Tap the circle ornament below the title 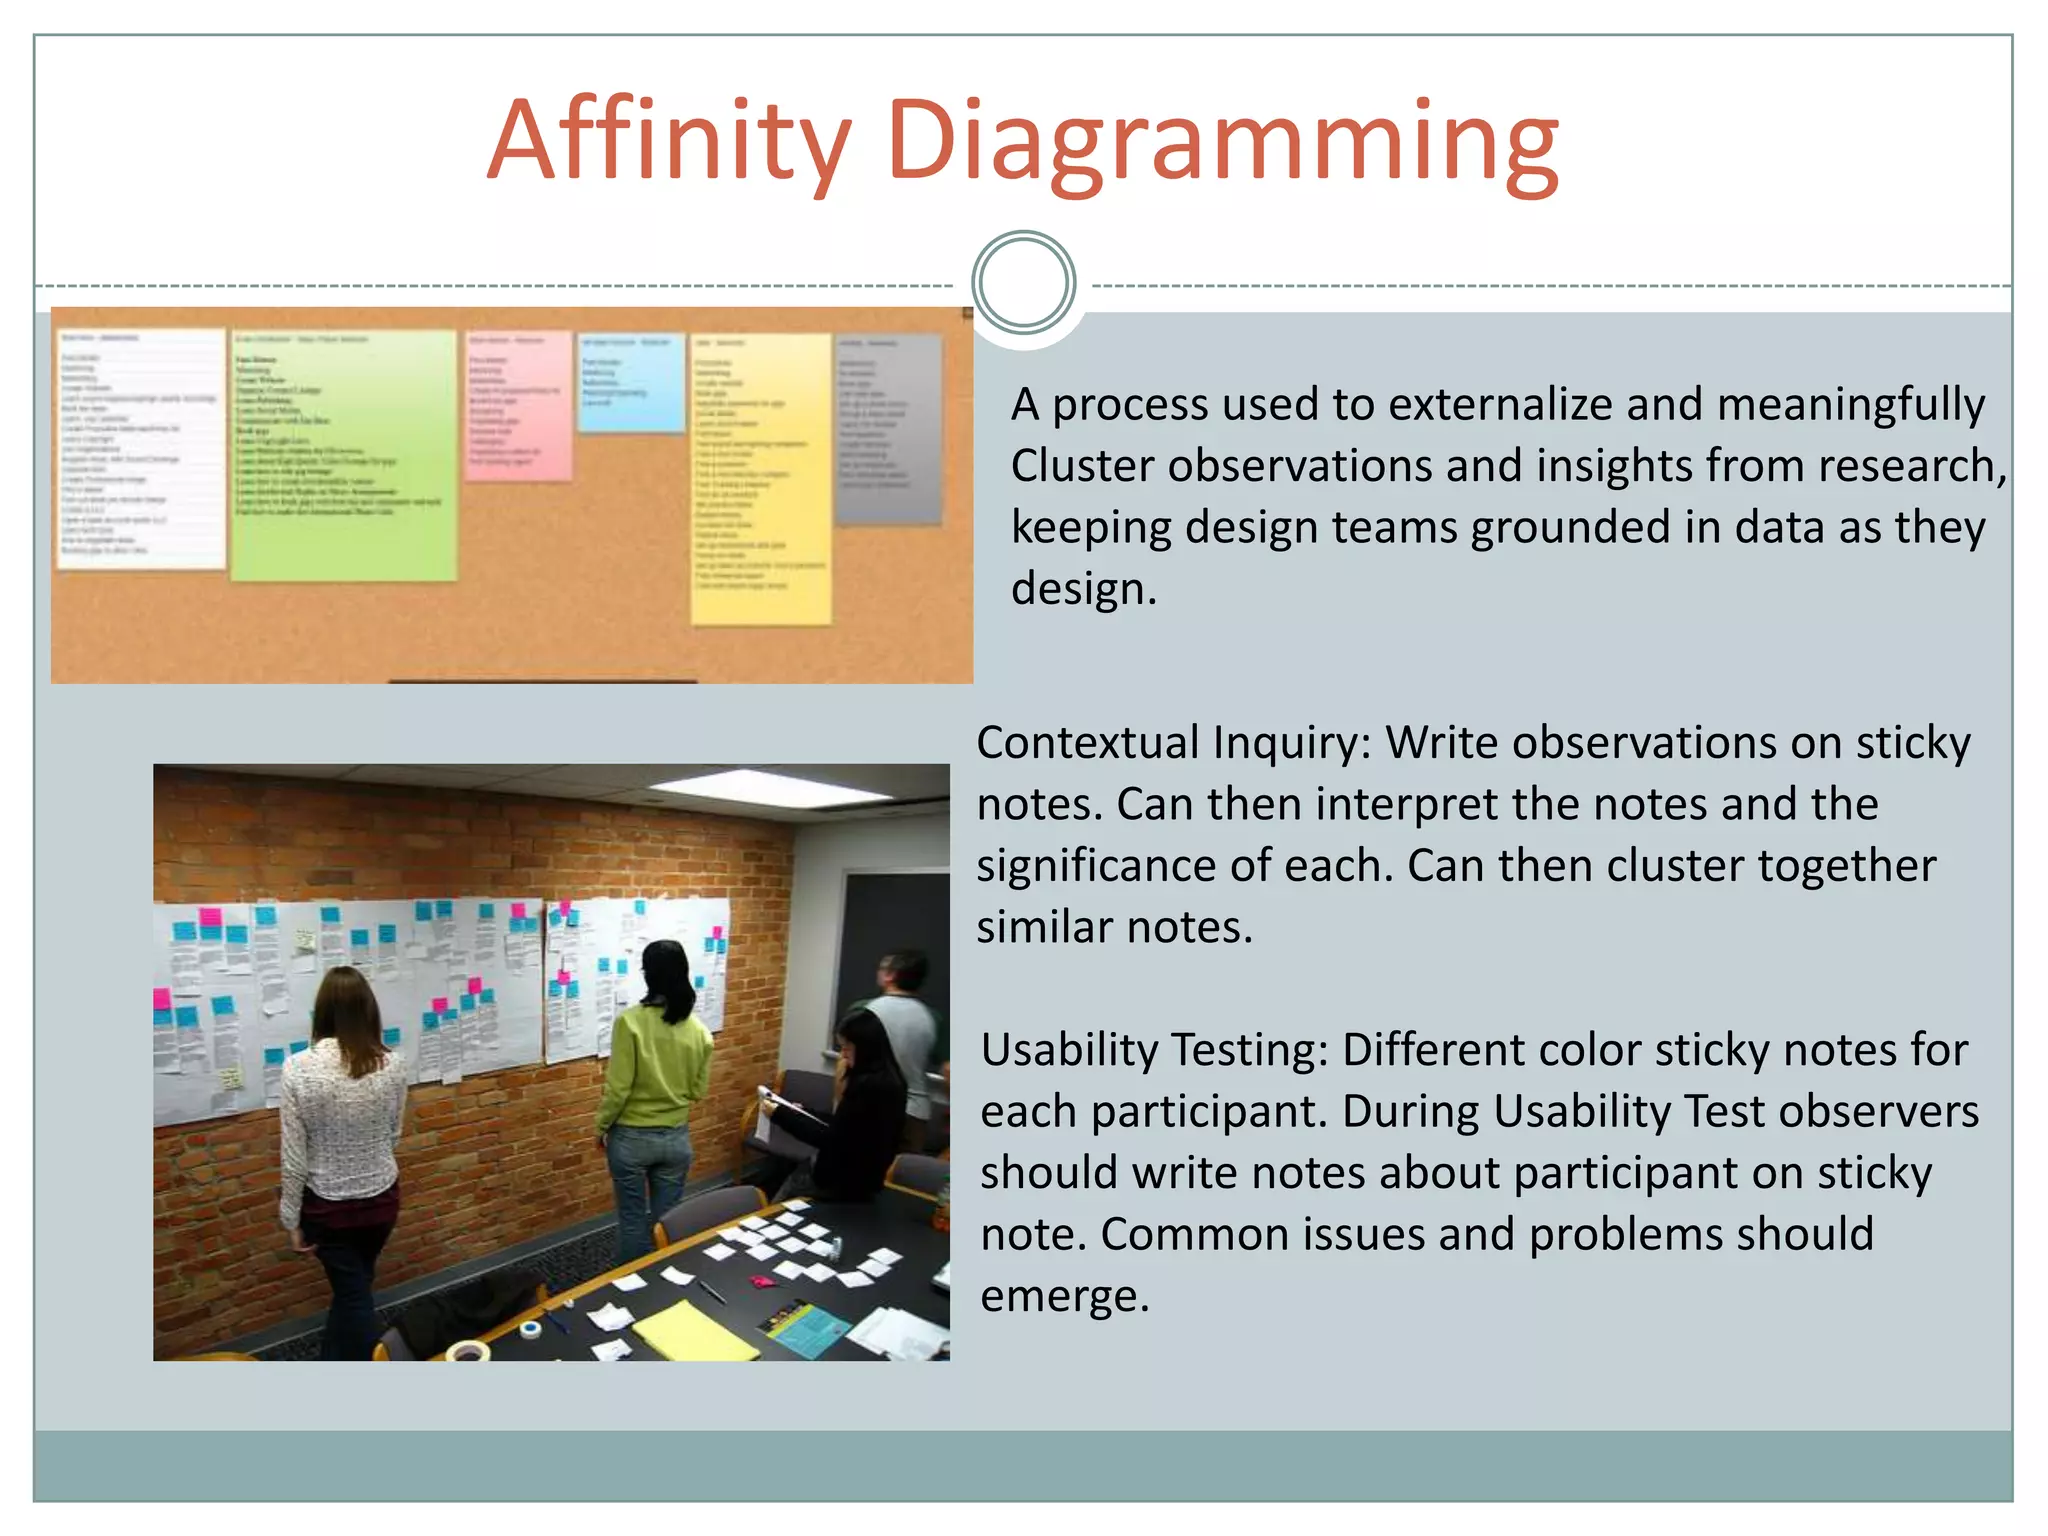[x=1023, y=283]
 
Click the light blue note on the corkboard [x=631, y=383]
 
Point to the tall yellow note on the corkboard [x=761, y=478]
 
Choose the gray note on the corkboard [x=888, y=429]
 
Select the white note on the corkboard [x=141, y=448]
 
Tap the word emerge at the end [x=1064, y=1297]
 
